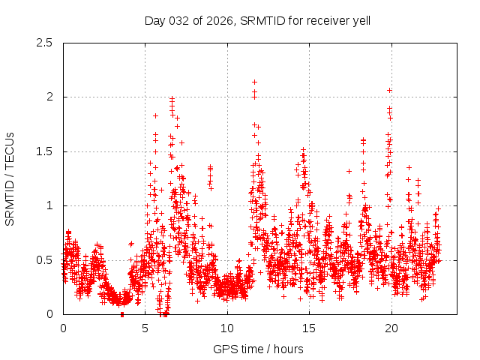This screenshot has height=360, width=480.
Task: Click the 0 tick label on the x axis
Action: pos(63,328)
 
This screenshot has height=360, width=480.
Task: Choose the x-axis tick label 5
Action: pos(145,328)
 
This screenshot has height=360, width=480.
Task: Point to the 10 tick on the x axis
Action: pos(227,328)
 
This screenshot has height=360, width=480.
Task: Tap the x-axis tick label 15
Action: pos(309,328)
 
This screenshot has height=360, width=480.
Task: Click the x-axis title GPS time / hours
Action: pos(258,349)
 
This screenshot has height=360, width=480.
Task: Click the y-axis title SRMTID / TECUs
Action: pos(10,178)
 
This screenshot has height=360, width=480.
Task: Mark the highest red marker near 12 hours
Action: pos(255,82)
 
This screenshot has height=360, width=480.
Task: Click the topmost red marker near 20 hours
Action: pos(390,90)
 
